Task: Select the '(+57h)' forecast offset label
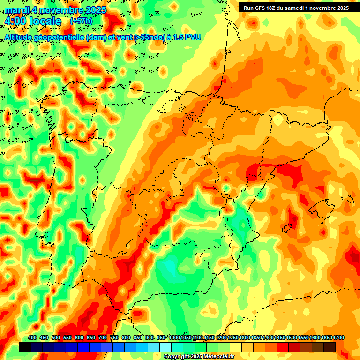[x=81, y=21]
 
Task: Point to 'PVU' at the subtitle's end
[x=193, y=37]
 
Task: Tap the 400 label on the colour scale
[x=32, y=337]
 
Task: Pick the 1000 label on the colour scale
[x=174, y=337]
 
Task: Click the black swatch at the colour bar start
[x=25, y=347]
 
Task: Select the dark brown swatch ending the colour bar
[x=330, y=347]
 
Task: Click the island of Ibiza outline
[x=288, y=227]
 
